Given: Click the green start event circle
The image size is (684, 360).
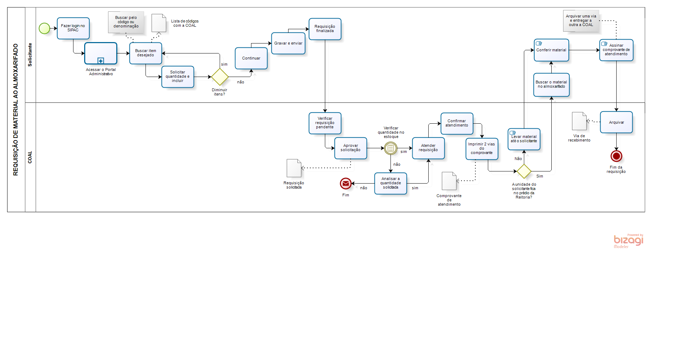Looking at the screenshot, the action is [44, 28].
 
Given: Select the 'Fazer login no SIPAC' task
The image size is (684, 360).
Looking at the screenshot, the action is [73, 28].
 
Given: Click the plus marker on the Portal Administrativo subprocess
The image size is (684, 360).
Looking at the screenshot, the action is [101, 61].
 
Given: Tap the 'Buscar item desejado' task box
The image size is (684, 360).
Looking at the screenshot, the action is [146, 53].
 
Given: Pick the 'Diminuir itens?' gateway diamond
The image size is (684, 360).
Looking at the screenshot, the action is [220, 77].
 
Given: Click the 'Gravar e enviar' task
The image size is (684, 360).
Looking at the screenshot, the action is [288, 43].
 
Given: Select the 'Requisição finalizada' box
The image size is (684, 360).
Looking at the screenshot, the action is [325, 29].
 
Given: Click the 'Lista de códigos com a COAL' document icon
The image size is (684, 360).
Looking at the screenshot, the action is [159, 23].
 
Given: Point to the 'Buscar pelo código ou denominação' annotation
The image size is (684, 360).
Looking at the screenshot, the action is [126, 22].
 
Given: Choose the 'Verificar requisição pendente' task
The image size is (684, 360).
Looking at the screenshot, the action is [325, 123].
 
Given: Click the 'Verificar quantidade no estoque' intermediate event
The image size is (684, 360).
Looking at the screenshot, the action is [391, 148].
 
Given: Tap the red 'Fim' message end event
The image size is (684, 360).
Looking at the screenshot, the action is [346, 184].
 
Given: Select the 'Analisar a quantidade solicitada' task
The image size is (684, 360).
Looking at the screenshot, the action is [391, 183].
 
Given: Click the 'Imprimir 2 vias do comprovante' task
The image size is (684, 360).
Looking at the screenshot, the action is [482, 149].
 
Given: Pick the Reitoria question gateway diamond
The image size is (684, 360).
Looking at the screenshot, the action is [524, 171].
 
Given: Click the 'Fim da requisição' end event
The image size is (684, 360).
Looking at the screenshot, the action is [616, 156].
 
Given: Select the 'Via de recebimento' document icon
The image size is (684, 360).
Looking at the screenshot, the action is [579, 121].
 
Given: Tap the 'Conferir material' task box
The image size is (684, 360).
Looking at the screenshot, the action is [551, 50].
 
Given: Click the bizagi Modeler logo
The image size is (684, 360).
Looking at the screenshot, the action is [628, 241].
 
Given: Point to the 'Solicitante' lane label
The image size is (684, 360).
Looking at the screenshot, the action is [30, 55].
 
